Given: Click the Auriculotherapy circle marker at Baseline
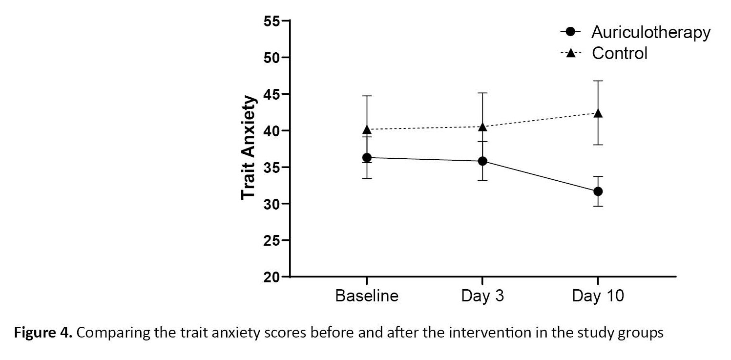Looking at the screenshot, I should click(366, 157).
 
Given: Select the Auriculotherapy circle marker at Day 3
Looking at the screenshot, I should click(482, 161).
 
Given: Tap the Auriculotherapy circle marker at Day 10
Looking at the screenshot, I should click(598, 191).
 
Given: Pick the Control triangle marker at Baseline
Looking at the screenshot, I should click(366, 129).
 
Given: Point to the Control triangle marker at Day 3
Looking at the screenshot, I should click(482, 127).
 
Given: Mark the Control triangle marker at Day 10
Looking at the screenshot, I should click(598, 113).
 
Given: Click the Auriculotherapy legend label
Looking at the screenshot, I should click(650, 32).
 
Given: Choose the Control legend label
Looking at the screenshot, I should click(620, 53).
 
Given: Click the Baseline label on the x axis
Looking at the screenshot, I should click(366, 296).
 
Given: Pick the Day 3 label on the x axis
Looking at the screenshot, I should click(482, 296).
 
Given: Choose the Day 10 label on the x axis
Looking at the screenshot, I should click(598, 296).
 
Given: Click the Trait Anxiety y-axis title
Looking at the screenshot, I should click(249, 147).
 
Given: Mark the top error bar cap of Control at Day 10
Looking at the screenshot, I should click(598, 81).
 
